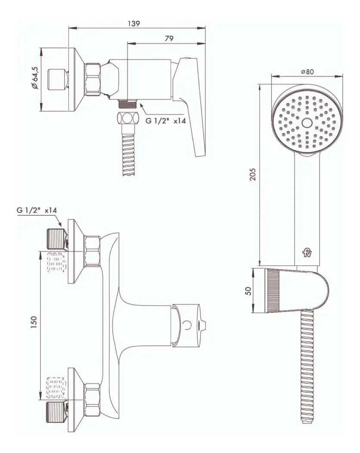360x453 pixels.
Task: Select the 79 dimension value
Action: click(169, 38)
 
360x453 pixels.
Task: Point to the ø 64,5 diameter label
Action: click(35, 78)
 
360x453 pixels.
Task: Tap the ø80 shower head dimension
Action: click(307, 71)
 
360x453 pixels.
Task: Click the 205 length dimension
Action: click(253, 174)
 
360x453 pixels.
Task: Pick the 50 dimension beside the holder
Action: click(248, 291)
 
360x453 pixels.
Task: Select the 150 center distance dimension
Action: click(34, 322)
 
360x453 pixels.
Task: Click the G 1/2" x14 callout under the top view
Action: click(165, 121)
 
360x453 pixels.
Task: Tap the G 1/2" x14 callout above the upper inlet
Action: click(37, 210)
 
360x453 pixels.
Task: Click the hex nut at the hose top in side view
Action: click(127, 118)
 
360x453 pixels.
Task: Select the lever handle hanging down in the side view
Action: click(191, 107)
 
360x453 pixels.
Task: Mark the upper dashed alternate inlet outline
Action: click(56, 262)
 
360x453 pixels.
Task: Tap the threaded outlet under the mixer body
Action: click(127, 103)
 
